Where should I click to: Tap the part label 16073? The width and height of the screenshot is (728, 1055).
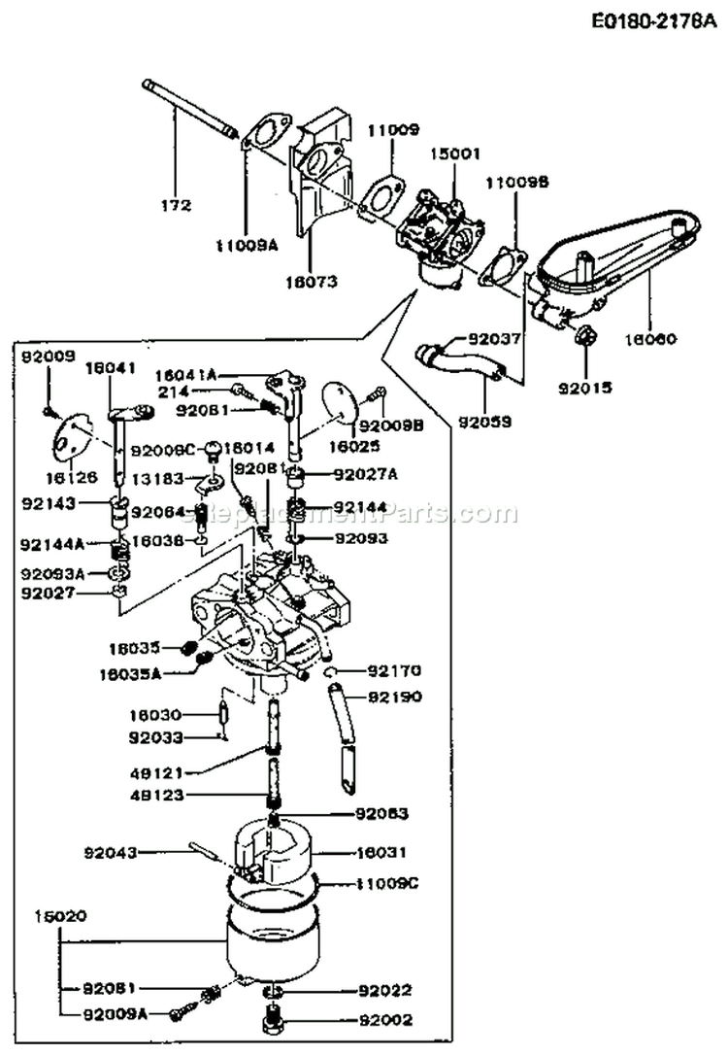point(312,283)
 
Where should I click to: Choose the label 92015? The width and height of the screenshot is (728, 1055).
point(586,386)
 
